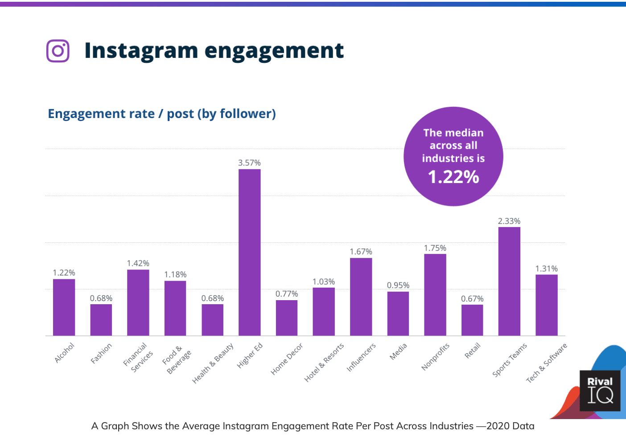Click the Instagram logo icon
tap(58, 51)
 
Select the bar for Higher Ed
tap(250, 252)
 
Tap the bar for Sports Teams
tap(509, 281)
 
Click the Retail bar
tap(472, 320)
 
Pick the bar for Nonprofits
tap(435, 294)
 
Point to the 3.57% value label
tap(250, 163)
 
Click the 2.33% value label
tap(509, 221)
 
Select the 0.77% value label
tap(287, 294)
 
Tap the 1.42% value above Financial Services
tap(138, 264)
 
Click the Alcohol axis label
tap(64, 353)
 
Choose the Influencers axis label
tap(361, 357)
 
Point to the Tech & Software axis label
tap(546, 363)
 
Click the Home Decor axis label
tap(287, 359)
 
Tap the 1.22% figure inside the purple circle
tap(453, 177)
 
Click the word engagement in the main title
tap(274, 51)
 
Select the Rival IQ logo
tap(600, 391)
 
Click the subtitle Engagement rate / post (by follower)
tap(162, 114)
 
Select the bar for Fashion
tap(101, 320)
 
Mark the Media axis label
tap(398, 351)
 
